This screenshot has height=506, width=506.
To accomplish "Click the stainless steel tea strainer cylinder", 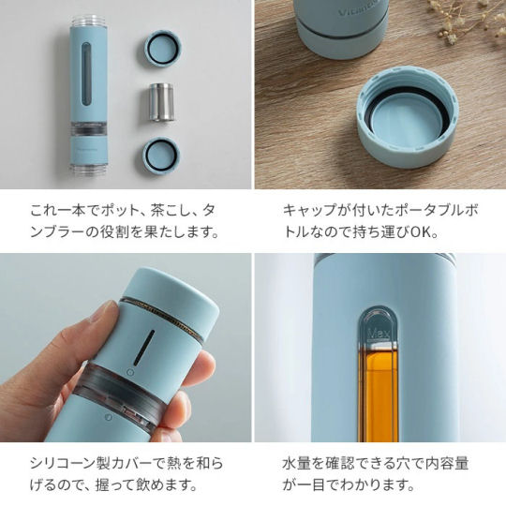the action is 161,102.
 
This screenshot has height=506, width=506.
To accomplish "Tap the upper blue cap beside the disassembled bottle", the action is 162,50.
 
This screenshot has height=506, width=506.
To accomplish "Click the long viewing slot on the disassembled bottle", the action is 86,74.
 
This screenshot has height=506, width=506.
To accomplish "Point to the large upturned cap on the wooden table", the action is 408,116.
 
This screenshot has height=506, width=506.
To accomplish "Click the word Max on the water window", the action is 379,333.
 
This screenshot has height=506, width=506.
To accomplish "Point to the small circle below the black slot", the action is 130,372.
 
